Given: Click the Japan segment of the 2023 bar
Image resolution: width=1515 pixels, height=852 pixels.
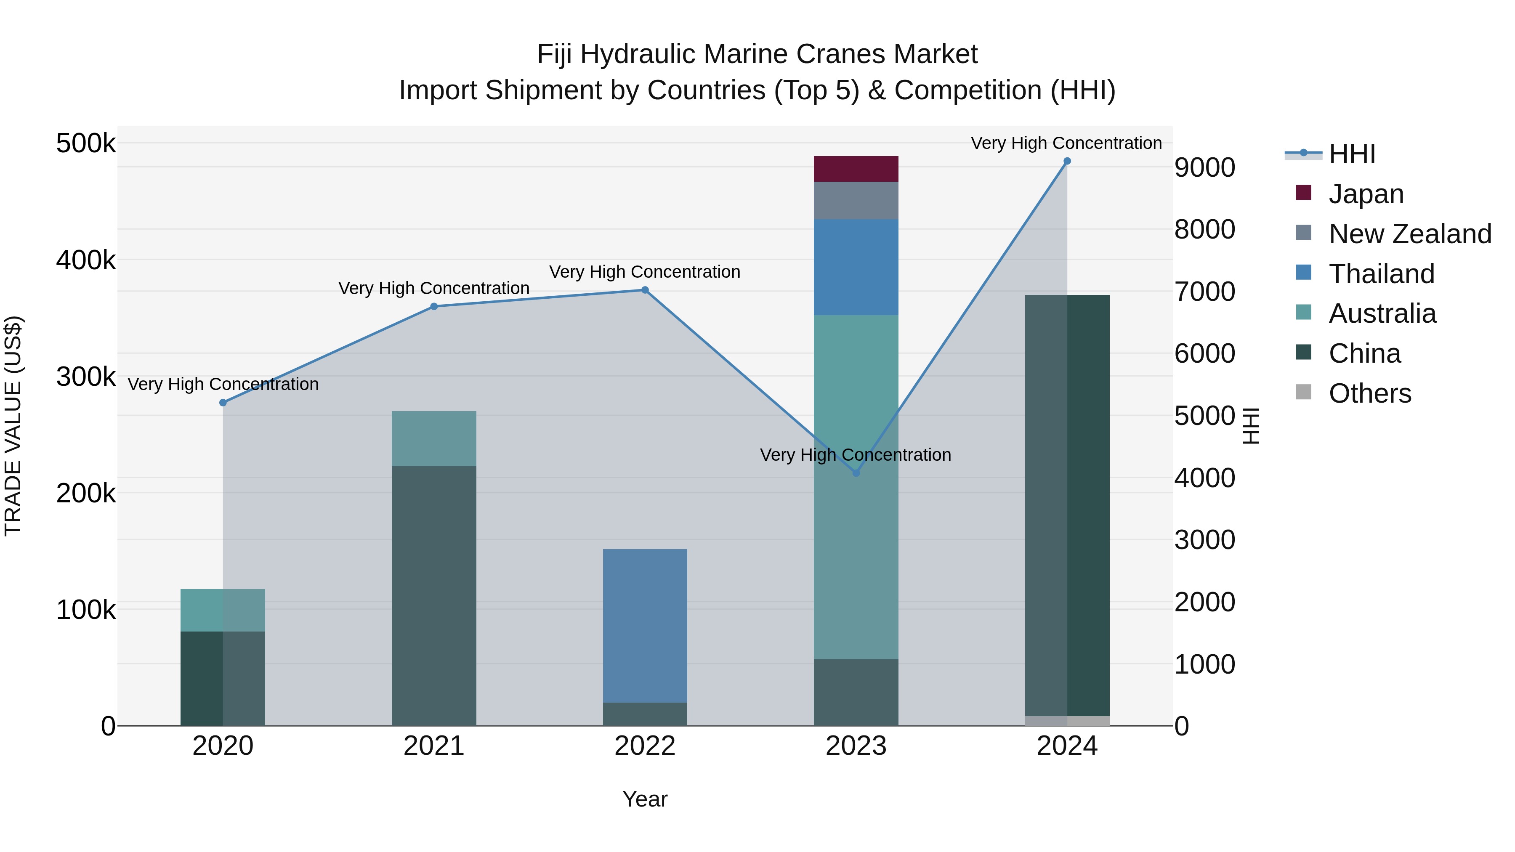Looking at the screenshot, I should (856, 169).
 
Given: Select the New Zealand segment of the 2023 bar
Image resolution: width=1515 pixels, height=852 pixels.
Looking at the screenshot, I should (856, 201).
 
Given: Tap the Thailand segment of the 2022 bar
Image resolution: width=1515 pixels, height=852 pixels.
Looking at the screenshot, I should (645, 625).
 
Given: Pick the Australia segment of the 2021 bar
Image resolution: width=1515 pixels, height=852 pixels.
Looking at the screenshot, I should (433, 439).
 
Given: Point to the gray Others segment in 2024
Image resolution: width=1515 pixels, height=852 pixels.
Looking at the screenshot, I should (1067, 720).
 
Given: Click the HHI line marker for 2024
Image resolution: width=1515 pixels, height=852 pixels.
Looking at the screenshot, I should (1067, 161).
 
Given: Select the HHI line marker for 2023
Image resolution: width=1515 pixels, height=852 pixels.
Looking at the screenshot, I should (856, 473).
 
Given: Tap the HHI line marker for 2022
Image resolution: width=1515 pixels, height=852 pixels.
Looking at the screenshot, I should (645, 290).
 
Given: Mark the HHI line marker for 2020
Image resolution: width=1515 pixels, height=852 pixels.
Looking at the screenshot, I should (223, 403).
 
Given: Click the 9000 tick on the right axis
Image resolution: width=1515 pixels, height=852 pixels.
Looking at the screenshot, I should (1204, 167).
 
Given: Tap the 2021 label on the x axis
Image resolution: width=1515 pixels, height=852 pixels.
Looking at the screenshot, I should (433, 746).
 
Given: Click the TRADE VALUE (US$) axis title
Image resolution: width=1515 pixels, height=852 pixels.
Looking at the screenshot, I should (13, 426).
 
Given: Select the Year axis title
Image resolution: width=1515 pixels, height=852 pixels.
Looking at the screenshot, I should (645, 799).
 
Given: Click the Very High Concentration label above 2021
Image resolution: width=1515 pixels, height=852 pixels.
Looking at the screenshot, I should (433, 288).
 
